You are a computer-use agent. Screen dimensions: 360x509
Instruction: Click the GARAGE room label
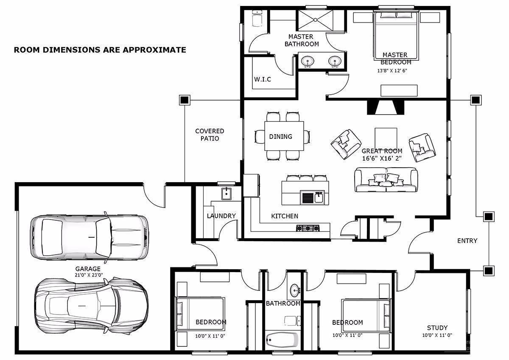click(x=88, y=269)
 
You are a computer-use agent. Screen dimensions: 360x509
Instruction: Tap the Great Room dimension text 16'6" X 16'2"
click(x=382, y=158)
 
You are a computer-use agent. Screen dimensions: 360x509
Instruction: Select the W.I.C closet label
click(x=263, y=79)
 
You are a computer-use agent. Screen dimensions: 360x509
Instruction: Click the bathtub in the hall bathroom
click(x=282, y=339)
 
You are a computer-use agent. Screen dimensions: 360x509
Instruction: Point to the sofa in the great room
click(x=386, y=180)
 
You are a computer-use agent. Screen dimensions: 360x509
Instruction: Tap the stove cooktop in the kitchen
click(x=308, y=228)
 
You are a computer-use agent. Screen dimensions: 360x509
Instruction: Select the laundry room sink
click(x=226, y=194)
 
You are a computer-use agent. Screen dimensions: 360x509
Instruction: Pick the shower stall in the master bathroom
click(x=315, y=20)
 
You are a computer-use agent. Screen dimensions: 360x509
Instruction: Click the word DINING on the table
click(x=280, y=137)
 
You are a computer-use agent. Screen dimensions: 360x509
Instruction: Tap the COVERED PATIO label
click(x=210, y=135)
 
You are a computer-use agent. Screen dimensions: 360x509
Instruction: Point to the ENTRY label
click(x=467, y=241)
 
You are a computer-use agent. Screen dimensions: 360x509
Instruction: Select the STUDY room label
click(x=437, y=328)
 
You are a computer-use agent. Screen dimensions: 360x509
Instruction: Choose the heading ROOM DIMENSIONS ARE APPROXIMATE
click(x=100, y=50)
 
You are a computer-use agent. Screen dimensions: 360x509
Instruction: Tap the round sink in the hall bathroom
click(x=295, y=291)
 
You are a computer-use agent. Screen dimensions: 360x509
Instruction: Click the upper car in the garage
click(x=90, y=237)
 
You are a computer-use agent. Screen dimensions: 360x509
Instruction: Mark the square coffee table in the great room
click(x=386, y=138)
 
